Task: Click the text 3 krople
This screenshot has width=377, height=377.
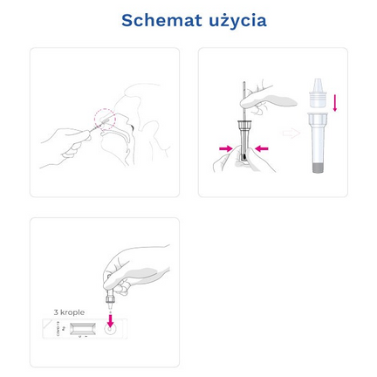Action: click(x=67, y=312)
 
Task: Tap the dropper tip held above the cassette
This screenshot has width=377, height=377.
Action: click(x=111, y=305)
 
